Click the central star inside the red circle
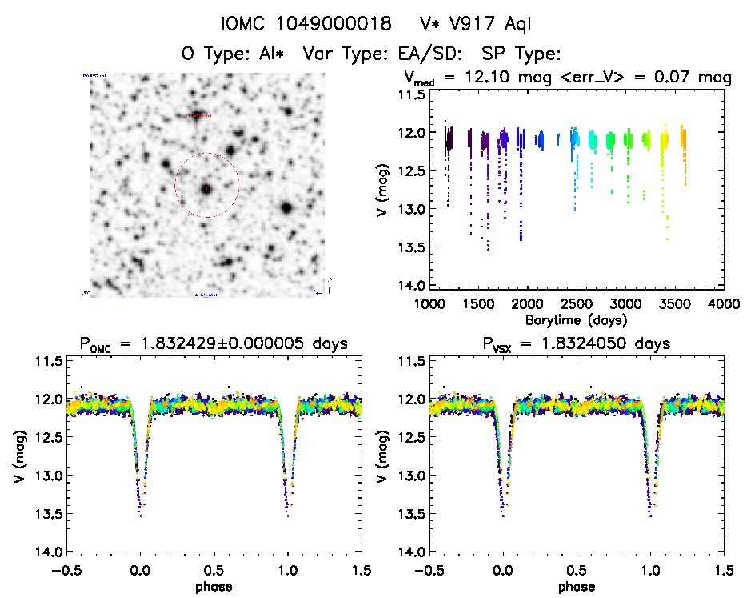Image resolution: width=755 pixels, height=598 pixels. (206, 189)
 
